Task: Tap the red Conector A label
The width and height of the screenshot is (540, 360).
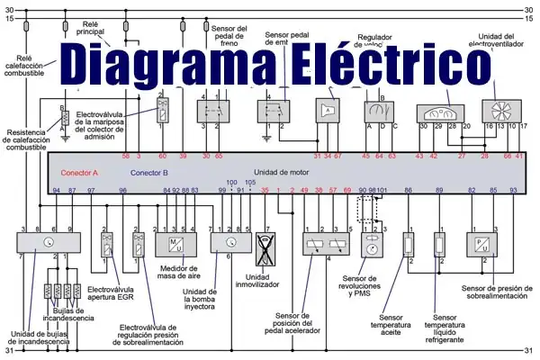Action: tap(79, 172)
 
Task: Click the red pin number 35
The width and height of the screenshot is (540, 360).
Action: tap(265, 191)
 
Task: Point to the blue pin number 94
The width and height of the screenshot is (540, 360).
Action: tap(56, 191)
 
